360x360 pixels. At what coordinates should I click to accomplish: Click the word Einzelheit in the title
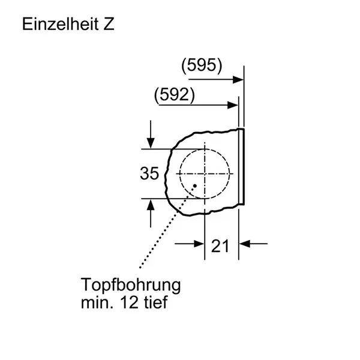point(61,24)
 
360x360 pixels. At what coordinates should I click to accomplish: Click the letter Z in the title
point(109,24)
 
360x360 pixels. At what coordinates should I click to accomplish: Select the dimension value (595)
point(202,65)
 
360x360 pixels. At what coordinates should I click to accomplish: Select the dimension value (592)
point(175,94)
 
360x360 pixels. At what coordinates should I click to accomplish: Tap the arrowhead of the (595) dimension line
point(238,79)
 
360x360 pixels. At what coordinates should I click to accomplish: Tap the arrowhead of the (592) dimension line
point(233,105)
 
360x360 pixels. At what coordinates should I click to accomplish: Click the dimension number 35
point(149,173)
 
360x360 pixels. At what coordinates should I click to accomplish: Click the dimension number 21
point(220,246)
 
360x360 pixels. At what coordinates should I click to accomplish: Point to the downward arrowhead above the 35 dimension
point(151,143)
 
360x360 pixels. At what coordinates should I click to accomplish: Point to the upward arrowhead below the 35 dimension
point(151,205)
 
